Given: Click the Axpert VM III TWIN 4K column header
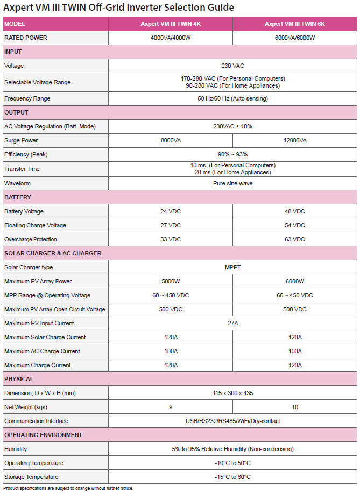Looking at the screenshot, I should pos(171,24).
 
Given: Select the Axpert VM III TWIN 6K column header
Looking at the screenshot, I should pos(294,24).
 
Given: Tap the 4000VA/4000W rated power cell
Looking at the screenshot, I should pos(171,38).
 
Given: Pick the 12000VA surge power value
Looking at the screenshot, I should pos(294,141).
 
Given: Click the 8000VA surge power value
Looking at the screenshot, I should pos(171,141).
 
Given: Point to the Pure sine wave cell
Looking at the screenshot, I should pos(232,183).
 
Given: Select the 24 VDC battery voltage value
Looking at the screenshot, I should pos(171,211).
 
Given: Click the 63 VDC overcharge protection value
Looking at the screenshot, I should pos(294,239).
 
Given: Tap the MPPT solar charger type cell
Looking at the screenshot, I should pos(232,267).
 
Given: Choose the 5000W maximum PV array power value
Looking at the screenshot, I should pos(171,281).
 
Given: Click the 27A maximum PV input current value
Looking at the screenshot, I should pos(232,323).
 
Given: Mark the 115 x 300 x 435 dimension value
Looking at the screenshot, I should pos(232,393).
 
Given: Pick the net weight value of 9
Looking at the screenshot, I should pos(171,407).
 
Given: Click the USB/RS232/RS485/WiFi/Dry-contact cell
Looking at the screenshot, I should pos(232,421).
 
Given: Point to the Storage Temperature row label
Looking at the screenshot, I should pos(31,477).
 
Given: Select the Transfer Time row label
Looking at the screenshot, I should pos(22,169).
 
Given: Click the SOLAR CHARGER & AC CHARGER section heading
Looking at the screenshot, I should pos(53,253).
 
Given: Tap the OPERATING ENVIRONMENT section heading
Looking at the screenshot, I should pos(43,435).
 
